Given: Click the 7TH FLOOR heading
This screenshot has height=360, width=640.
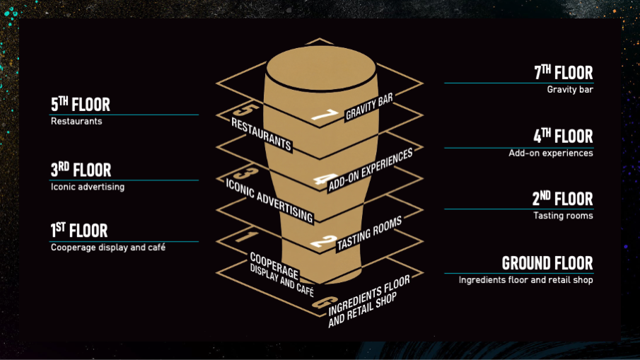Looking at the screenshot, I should (x=563, y=73).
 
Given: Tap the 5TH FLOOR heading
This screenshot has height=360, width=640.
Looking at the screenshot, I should (x=81, y=105).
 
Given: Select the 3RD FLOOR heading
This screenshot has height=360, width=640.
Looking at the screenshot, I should (x=81, y=170).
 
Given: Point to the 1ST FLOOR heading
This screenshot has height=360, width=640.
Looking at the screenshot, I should (x=79, y=231).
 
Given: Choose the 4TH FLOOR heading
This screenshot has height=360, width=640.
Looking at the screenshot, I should (x=563, y=136).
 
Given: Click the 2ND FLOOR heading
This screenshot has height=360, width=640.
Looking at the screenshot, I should (x=563, y=199).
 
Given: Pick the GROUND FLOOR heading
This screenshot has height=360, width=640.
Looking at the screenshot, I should (x=547, y=263).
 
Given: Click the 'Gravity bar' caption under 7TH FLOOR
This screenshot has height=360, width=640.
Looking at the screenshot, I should (x=569, y=90).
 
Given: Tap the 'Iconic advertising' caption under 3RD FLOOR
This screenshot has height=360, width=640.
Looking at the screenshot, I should (x=88, y=187).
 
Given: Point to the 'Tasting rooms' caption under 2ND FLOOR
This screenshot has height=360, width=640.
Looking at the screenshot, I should (x=563, y=216).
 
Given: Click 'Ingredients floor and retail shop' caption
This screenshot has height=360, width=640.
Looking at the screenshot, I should (x=525, y=280).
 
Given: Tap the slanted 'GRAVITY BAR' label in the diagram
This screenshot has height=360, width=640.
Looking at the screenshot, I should (x=368, y=105).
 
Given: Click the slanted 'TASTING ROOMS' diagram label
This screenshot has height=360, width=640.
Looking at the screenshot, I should (x=368, y=233).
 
